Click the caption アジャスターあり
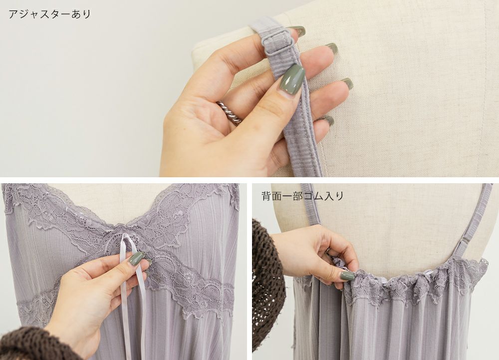coord(49,14)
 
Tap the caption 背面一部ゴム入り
coord(302,196)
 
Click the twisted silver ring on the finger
coord(230,112)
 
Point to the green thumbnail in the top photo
coord(291,79)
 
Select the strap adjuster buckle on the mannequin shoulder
coord(272,43)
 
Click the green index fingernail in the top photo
coord(297,31)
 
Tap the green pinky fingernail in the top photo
coord(328,121)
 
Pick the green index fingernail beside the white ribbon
coord(136,259)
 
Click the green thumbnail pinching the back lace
coord(347,275)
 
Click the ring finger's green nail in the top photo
coord(347,83)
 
